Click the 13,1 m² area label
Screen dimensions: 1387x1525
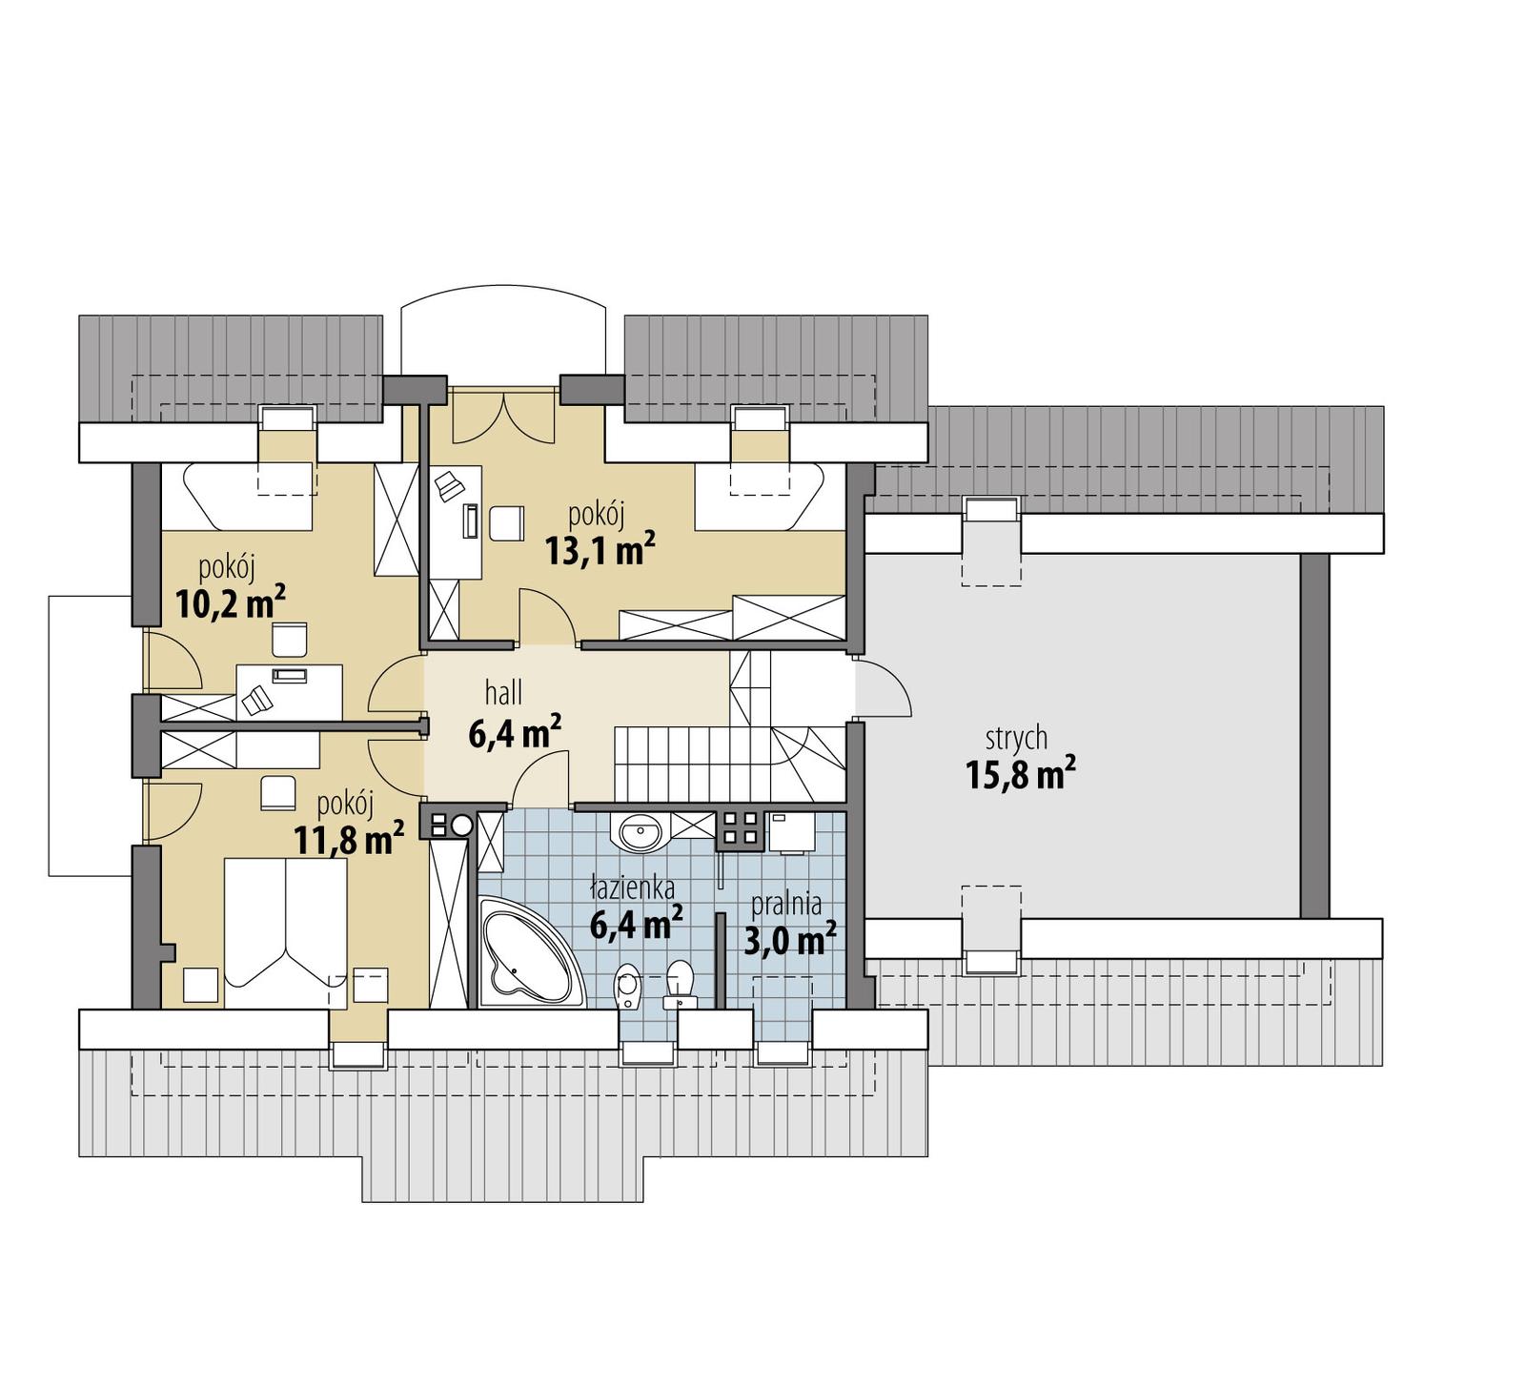coord(600,550)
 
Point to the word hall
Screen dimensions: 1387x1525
coord(502,692)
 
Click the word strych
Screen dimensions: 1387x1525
coord(1016,737)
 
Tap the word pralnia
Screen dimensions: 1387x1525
coord(785,904)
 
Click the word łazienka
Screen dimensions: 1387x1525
coord(632,889)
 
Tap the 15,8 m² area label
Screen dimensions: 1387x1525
coord(1021,774)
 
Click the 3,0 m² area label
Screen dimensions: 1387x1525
coord(789,941)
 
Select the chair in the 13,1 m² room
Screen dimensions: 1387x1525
coord(506,522)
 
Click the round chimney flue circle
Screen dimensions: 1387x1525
coord(462,826)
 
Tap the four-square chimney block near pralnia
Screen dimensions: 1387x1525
coord(741,827)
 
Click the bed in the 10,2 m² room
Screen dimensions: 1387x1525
coord(236,497)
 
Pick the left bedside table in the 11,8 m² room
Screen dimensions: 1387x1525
coord(200,984)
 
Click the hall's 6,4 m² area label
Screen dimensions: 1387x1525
coord(514,732)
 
